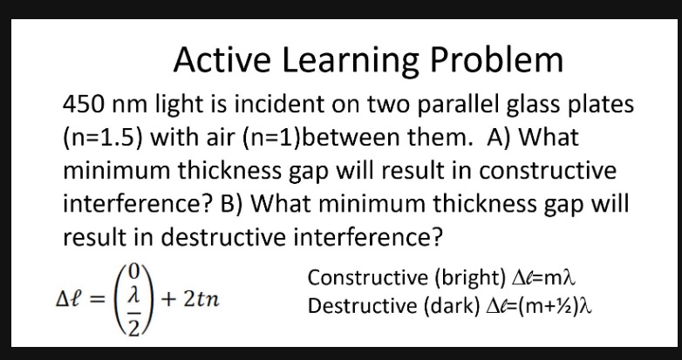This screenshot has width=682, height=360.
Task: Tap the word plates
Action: pos(594,105)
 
